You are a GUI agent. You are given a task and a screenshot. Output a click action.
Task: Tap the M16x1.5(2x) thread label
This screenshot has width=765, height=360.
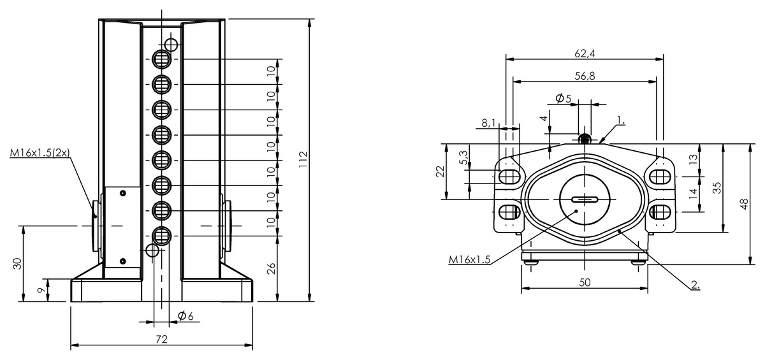[x=40, y=153]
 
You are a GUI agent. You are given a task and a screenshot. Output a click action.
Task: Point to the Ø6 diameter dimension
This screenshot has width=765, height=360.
[x=186, y=316]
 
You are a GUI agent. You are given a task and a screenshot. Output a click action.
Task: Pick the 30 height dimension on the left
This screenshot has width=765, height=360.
[x=18, y=263]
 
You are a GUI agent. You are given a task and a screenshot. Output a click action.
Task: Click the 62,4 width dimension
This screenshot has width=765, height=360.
[x=584, y=54]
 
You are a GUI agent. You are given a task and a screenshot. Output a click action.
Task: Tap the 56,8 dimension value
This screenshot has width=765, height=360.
[x=584, y=76]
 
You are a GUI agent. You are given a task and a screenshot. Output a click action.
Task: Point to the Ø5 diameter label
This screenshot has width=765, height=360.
[x=563, y=98]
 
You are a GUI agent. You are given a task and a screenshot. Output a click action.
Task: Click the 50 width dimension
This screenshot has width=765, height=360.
[x=585, y=282]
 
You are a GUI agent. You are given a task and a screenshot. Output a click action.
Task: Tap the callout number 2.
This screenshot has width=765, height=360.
[x=694, y=285]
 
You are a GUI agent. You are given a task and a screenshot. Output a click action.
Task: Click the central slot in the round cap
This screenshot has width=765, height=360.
[x=585, y=199]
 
